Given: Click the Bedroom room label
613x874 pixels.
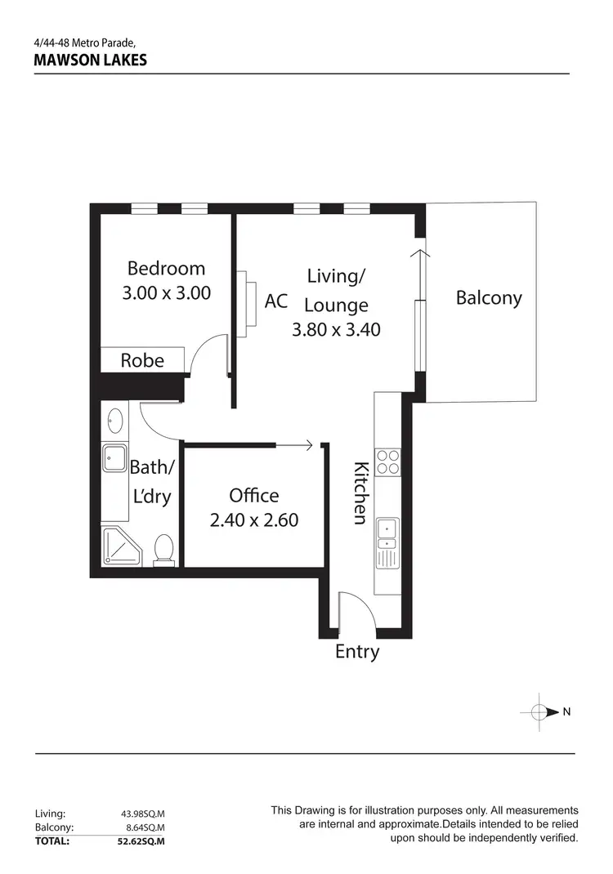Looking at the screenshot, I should [x=166, y=268].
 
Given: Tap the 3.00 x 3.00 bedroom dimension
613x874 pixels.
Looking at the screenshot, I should [x=166, y=292].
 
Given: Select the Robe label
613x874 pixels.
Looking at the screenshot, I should [x=142, y=360].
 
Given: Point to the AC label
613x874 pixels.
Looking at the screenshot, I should [x=276, y=301].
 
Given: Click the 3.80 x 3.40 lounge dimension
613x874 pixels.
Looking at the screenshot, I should [x=336, y=330].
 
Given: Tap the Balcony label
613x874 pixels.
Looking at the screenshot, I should [x=489, y=297].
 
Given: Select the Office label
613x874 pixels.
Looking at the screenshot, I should [x=253, y=495].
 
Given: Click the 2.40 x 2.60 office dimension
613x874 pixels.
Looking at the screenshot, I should [x=253, y=519].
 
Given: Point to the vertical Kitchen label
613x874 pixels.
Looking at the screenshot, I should [x=360, y=493].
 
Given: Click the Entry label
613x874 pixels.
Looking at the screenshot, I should [x=357, y=652].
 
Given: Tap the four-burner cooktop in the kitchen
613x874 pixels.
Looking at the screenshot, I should [x=387, y=462].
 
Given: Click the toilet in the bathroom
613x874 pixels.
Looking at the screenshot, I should [x=164, y=549].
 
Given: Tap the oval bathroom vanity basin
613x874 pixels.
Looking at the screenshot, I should [x=114, y=422].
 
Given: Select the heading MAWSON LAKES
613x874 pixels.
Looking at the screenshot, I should [x=91, y=60].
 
